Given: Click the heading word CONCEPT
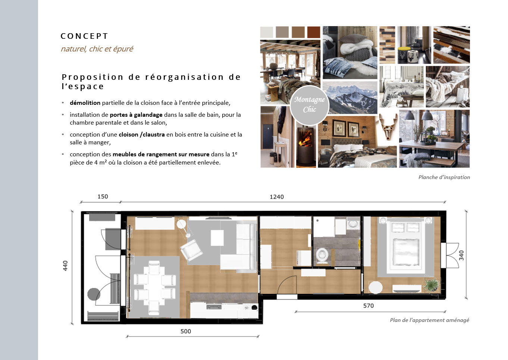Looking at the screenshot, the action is pos(84,36).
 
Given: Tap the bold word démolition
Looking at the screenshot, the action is pos(85,103).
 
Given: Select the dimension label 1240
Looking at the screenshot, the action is pos(277,197).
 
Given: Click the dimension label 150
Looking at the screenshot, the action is pos(103,197).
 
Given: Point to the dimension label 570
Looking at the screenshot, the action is pos(369,306).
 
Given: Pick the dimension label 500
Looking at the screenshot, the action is pos(186,331).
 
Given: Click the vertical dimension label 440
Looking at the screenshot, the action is pos(65,266).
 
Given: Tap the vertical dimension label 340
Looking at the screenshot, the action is pos(461,255).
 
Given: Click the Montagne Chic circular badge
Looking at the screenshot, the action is pos(310,105).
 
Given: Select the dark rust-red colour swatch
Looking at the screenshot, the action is pos(314,32).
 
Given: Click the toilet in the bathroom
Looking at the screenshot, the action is pos(322,256).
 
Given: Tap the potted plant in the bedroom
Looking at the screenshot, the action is pos(432,285).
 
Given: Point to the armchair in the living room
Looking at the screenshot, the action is pos(191,250).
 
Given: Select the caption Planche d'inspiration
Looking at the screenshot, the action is pos(444,177).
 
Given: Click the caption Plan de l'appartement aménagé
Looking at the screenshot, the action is pos(430,320).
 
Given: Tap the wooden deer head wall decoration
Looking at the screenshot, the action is pos(388,126).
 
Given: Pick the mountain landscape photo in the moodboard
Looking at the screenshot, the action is pos(350,97).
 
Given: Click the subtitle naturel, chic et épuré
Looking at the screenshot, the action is pos(97,49).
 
